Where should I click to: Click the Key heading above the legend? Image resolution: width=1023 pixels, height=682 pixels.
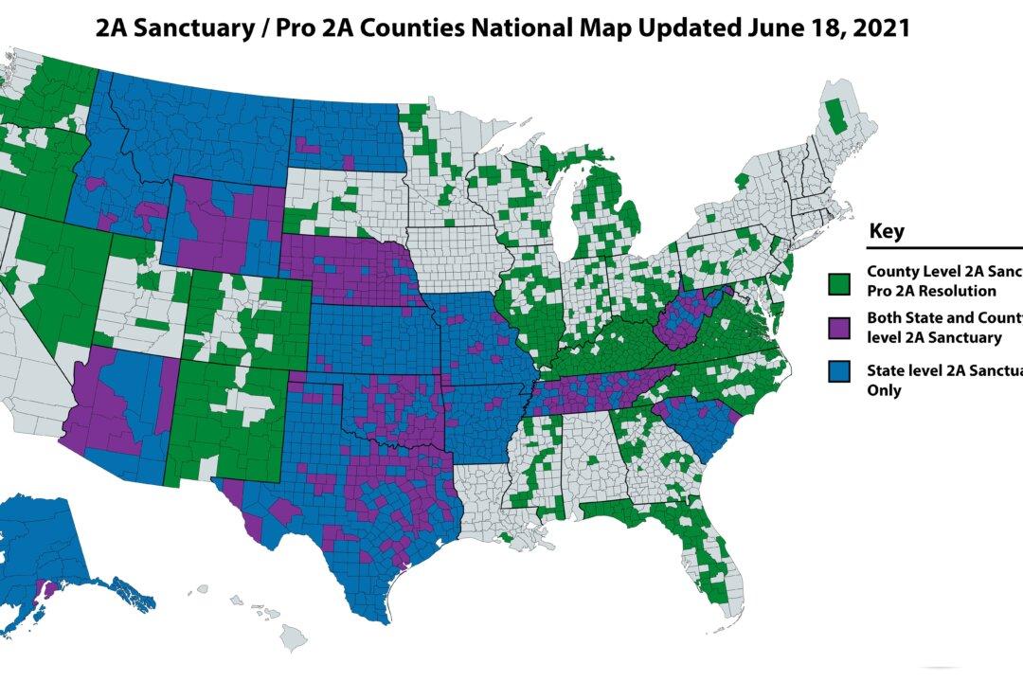[887, 231]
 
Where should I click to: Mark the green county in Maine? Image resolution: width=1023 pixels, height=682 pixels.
[835, 116]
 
